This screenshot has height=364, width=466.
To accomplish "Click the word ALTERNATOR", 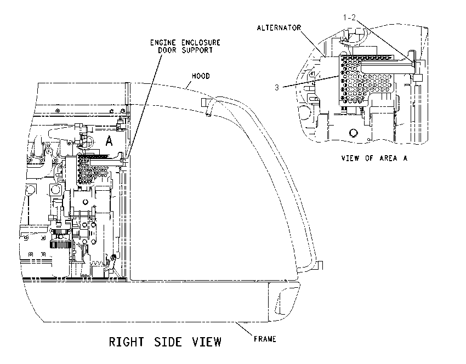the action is point(279,28).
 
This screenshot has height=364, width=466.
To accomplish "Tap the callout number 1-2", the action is point(349,18).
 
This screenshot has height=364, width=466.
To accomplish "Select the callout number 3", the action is point(277,87).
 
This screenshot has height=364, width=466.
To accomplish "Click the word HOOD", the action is point(201,76).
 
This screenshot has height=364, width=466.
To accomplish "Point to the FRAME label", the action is point(265,339).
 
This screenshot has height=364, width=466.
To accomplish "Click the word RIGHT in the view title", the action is point(126,342).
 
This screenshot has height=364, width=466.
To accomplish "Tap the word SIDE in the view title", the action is point(168,342).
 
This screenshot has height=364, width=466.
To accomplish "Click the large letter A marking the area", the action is point(109,140).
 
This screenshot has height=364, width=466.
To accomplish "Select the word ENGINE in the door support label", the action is point(163,43).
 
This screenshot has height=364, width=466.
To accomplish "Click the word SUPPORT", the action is point(197,50).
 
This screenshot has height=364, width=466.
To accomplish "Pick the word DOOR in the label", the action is point(167,50).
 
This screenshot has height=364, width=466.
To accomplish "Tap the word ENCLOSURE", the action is point(201,43).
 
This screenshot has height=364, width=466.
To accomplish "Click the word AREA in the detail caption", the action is point(388,158).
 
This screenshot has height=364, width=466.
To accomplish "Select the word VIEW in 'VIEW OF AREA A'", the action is point(350,158).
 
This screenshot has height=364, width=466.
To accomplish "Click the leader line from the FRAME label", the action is point(244,328).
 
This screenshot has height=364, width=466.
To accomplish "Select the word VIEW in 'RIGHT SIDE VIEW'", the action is point(207,342).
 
